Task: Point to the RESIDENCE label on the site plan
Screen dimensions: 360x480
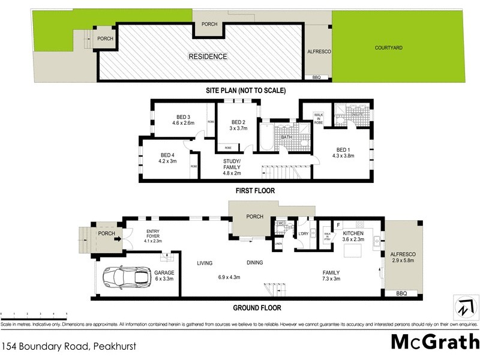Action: (x=208, y=57)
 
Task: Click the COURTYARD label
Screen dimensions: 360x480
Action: (x=389, y=47)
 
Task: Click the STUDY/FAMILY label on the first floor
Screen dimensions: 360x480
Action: (x=232, y=164)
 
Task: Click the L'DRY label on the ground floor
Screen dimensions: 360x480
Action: (x=303, y=234)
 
